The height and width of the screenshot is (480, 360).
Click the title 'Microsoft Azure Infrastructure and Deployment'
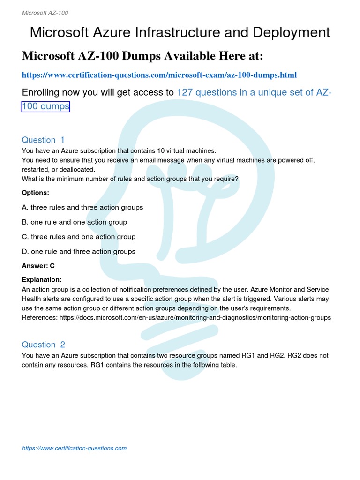pos(180,32)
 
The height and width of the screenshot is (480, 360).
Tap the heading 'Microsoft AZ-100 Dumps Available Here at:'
pos(142,56)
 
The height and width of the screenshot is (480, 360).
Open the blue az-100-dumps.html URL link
pos(159,75)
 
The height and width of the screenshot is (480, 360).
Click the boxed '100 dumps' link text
pos(46,106)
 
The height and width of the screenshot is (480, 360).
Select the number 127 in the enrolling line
pos(185,92)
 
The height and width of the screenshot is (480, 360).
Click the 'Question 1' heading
pos(43,140)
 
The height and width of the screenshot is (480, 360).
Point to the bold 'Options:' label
pos(36,193)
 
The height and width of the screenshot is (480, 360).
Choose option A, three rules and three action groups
pos(82,207)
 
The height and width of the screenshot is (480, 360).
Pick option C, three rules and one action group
pos(79,237)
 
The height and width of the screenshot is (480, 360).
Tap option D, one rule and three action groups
pos(79,251)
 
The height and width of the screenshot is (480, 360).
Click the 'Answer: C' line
pos(38,266)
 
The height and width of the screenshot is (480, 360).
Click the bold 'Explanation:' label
pos(42,279)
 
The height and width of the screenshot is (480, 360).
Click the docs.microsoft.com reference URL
pos(195,317)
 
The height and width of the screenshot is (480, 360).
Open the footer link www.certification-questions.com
pos(74,448)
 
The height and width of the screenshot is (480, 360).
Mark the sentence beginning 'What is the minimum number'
pos(130,179)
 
